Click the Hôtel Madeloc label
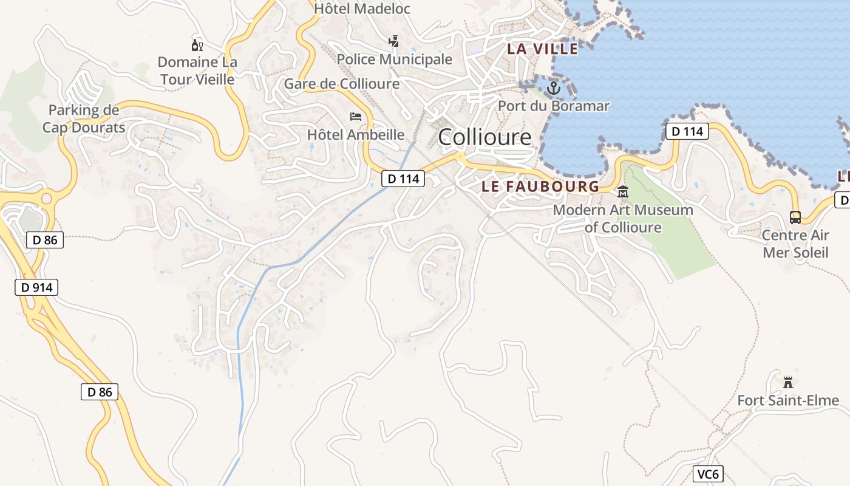[x=362, y=9]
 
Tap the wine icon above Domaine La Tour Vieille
[x=197, y=45]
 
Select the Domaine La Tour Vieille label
[x=197, y=70]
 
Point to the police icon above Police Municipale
[x=394, y=41]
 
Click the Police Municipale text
[x=395, y=59]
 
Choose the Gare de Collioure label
[x=342, y=84]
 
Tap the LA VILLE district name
[x=542, y=49]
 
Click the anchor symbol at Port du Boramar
[x=553, y=89]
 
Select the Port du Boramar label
[x=554, y=106]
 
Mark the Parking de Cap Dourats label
[x=84, y=118]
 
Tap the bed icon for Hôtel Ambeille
[x=356, y=117]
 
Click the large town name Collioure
[x=484, y=137]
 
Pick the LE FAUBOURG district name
[x=540, y=187]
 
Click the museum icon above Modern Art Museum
[x=622, y=193]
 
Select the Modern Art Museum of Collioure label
[x=623, y=219]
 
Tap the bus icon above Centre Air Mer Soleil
[x=795, y=217]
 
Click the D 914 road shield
[x=36, y=287]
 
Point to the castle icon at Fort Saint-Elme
[x=788, y=383]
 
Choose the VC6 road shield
[x=709, y=474]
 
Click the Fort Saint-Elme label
[x=788, y=400]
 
